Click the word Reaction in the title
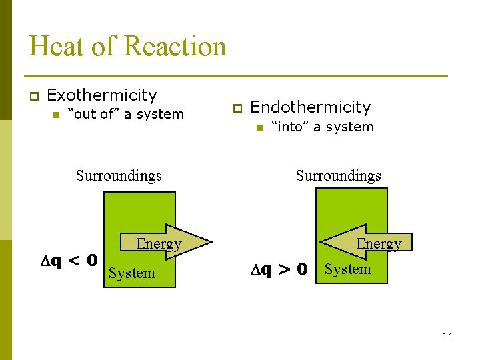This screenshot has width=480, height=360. coord(175,46)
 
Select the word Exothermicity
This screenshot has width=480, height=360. coord(102,95)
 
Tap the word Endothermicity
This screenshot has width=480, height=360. coord(310,107)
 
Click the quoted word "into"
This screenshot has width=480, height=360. coord(289,127)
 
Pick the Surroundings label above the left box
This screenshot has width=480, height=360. coord(119,176)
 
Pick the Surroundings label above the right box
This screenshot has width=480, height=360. coord(338,176)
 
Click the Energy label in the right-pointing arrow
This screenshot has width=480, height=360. coord(159,244)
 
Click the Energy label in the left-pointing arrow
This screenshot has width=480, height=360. coord(379,244)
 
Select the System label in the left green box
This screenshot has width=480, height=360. coord(131,273)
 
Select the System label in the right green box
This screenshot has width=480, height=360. coord(347,269)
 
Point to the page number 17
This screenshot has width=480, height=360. coord(447,335)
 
